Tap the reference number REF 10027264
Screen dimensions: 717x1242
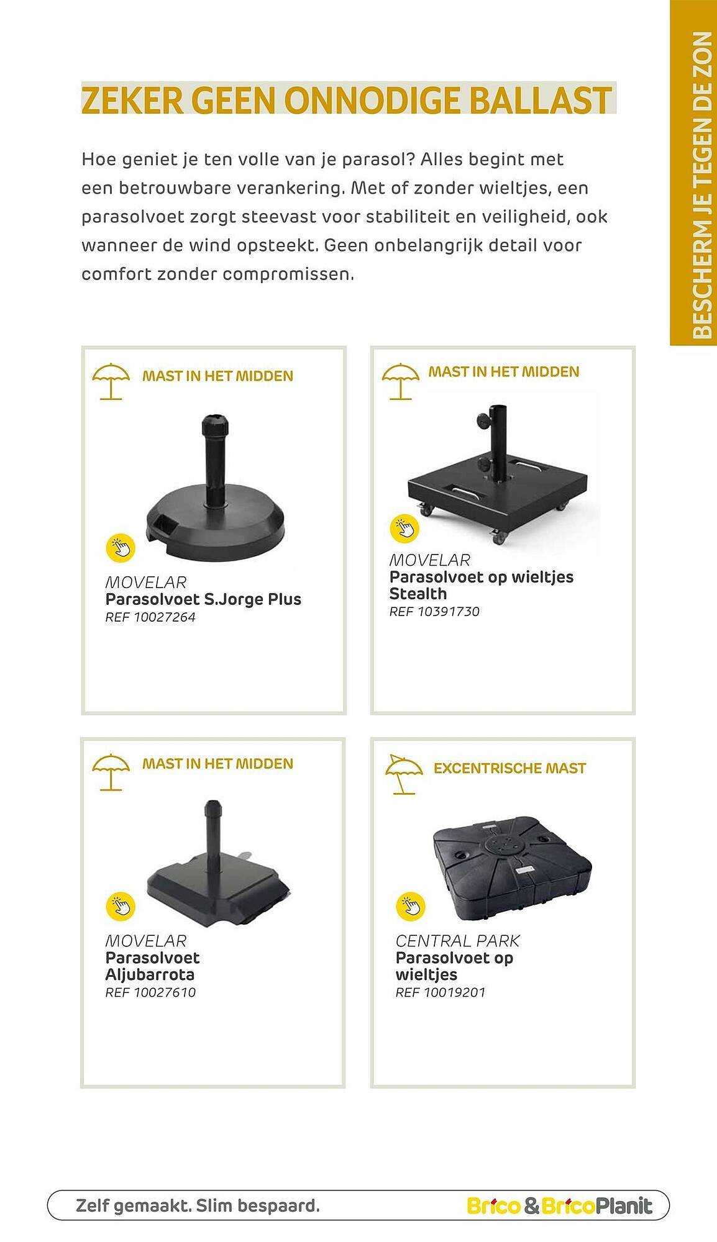coord(150,617)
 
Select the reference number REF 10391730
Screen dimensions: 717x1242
coord(434,612)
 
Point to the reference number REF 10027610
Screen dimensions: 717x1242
coord(150,992)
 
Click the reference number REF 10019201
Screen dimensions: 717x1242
coord(441,992)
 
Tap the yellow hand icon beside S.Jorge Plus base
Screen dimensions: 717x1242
coord(121,548)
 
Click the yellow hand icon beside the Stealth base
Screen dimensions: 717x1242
coord(404,528)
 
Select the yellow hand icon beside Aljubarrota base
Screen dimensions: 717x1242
coord(121,906)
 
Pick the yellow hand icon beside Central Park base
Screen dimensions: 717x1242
coord(411,906)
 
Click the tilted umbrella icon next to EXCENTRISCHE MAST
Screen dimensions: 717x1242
coord(403,774)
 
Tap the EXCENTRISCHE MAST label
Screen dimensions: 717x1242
coord(509,768)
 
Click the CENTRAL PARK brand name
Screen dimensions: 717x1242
coord(457,941)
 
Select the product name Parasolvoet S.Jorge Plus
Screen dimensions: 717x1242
coord(203,599)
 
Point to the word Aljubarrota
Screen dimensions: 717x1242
coord(150,974)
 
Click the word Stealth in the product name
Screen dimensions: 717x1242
coord(418,594)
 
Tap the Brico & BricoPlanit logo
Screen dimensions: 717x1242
coord(559,1206)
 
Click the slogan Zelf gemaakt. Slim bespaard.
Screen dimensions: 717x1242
coord(198,1206)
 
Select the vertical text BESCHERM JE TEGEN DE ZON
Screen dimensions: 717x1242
coord(701,185)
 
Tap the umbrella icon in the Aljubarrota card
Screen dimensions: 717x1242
coord(111,772)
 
